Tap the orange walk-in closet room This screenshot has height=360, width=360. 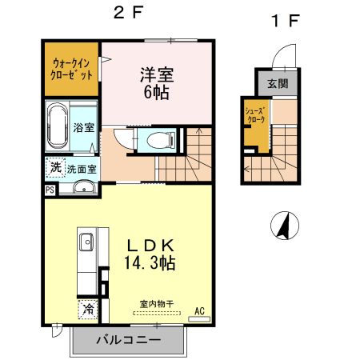pyautogui.click(x=70, y=69)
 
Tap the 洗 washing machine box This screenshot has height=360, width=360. pyautogui.click(x=55, y=168)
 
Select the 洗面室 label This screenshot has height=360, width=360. pyautogui.click(x=82, y=169)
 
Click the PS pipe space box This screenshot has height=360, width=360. pyautogui.click(x=50, y=190)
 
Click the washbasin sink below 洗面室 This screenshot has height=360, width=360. pyautogui.click(x=83, y=189)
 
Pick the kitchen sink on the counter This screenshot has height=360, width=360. pyautogui.click(x=86, y=242)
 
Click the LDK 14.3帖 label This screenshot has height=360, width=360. pyautogui.click(x=150, y=253)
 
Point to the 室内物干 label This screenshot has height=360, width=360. pyautogui.click(x=157, y=303)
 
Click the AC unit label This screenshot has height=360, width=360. pyautogui.click(x=199, y=311)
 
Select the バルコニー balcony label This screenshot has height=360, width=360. pyautogui.click(x=128, y=340)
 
